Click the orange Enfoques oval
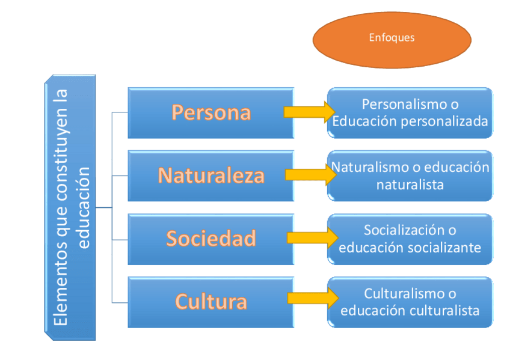click(x=392, y=38)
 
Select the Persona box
click(x=210, y=112)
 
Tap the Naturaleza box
click(x=210, y=175)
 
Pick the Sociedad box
click(x=210, y=239)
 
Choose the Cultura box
click(x=210, y=301)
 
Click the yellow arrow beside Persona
click(x=309, y=112)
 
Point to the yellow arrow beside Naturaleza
click(x=310, y=175)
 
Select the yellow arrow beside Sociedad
click(x=312, y=237)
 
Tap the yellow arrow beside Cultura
click(x=312, y=298)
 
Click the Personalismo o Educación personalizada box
click(x=410, y=113)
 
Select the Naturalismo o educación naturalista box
click(x=410, y=175)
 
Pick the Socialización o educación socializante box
click(x=410, y=239)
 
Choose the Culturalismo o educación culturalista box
click(x=410, y=302)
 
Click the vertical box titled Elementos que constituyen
click(x=70, y=207)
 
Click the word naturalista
click(x=410, y=185)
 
